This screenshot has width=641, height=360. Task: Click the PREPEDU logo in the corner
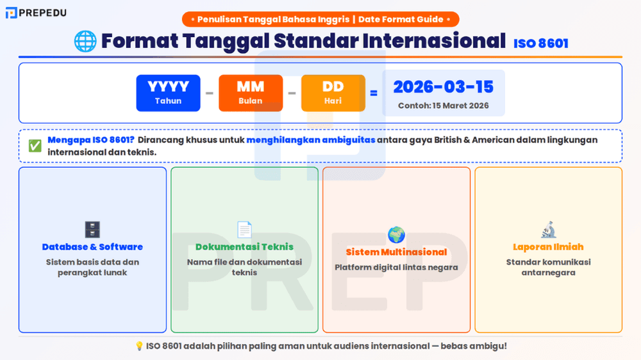pos(36,12)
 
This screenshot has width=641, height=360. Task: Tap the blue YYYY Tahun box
pos(168,93)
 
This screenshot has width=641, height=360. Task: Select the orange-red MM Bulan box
pos(251,93)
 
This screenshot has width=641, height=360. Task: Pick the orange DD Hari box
pos(333,93)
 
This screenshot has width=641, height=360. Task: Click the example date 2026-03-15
pos(443,86)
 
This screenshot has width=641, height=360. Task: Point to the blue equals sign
pos(374,94)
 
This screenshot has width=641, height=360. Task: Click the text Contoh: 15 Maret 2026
pos(443,106)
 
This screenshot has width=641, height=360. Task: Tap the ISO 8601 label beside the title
pos(540,44)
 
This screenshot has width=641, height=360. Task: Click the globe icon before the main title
pos(85,41)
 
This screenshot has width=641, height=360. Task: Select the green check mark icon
pos(35,146)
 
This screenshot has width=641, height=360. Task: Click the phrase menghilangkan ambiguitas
pos(310,140)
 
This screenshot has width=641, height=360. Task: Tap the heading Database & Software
pos(92,247)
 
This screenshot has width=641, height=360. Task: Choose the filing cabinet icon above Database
pos(92,229)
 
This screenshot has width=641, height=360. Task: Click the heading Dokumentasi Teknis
pos(244,247)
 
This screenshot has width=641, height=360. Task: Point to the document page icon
pos(244,229)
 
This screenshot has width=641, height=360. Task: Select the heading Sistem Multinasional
pos(396,252)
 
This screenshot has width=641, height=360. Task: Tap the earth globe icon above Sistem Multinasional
pos(396,234)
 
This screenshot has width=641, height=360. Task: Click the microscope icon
pos(548,229)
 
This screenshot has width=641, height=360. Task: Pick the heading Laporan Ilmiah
pos(548,247)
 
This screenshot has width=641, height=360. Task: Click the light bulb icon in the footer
pos(139,346)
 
